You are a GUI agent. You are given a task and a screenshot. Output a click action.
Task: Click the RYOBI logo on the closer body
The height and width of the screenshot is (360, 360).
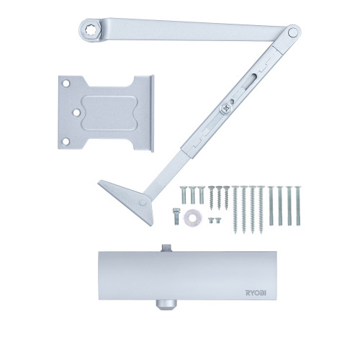256,293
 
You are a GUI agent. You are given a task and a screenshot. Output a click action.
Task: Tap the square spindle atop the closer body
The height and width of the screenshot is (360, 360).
166,248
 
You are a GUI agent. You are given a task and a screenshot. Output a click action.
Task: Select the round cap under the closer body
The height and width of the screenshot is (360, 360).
166,305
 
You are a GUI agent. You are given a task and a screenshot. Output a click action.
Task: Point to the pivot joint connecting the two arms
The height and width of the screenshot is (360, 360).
292,32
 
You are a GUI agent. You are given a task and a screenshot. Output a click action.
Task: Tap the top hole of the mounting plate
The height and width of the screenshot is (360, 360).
66,84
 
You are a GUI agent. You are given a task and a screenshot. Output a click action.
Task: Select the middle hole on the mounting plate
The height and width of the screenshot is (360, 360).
76,112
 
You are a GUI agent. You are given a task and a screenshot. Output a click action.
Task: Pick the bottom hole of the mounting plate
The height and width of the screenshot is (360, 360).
66,141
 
